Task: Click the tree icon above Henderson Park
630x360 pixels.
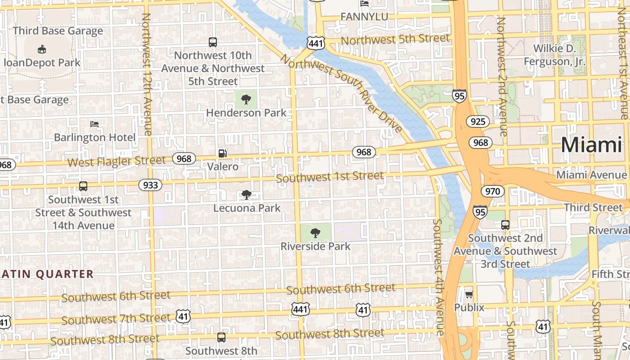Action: (246, 99)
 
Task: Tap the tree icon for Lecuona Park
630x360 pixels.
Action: (246, 195)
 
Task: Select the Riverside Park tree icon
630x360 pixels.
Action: (315, 233)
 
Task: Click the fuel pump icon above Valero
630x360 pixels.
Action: (222, 153)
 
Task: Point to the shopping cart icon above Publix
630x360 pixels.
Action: (469, 294)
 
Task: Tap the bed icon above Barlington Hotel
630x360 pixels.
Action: (94, 124)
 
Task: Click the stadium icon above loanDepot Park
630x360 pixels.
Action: (41, 49)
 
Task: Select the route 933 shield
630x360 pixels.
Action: (150, 185)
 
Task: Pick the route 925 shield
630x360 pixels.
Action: (478, 121)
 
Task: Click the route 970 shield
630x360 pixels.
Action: (493, 191)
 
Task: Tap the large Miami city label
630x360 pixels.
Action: (591, 145)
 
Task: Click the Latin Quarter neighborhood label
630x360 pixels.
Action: (47, 274)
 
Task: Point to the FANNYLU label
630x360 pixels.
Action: (364, 17)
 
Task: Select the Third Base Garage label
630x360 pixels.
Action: (58, 31)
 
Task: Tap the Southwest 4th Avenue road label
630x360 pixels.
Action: (438, 277)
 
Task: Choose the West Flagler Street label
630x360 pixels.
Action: (116, 161)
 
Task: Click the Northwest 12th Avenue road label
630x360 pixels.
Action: (147, 74)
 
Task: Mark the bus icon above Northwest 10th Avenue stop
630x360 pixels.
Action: (213, 42)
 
